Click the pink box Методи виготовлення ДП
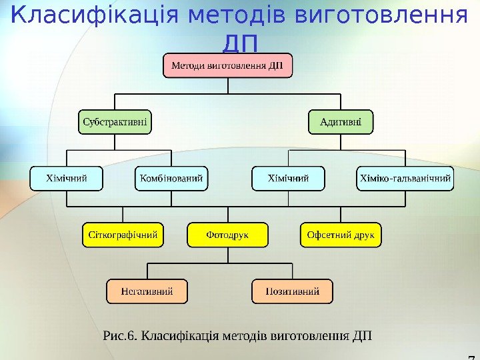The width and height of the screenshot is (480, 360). (228, 66)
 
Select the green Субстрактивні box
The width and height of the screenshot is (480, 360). (115, 122)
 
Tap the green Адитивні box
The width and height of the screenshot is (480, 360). (341, 122)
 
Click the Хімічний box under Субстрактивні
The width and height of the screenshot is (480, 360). (66, 179)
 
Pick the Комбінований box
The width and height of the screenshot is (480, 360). (171, 179)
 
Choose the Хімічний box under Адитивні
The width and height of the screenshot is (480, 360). (288, 179)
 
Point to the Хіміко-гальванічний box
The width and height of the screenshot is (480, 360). (405, 179)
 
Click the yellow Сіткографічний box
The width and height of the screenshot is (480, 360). (123, 235)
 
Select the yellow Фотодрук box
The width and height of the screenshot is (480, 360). (227, 235)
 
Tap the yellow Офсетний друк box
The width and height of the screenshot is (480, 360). (341, 235)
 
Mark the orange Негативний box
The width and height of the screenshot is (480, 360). (147, 291)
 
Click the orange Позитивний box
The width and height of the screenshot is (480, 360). (292, 291)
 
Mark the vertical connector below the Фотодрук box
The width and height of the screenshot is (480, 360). (227, 255)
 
